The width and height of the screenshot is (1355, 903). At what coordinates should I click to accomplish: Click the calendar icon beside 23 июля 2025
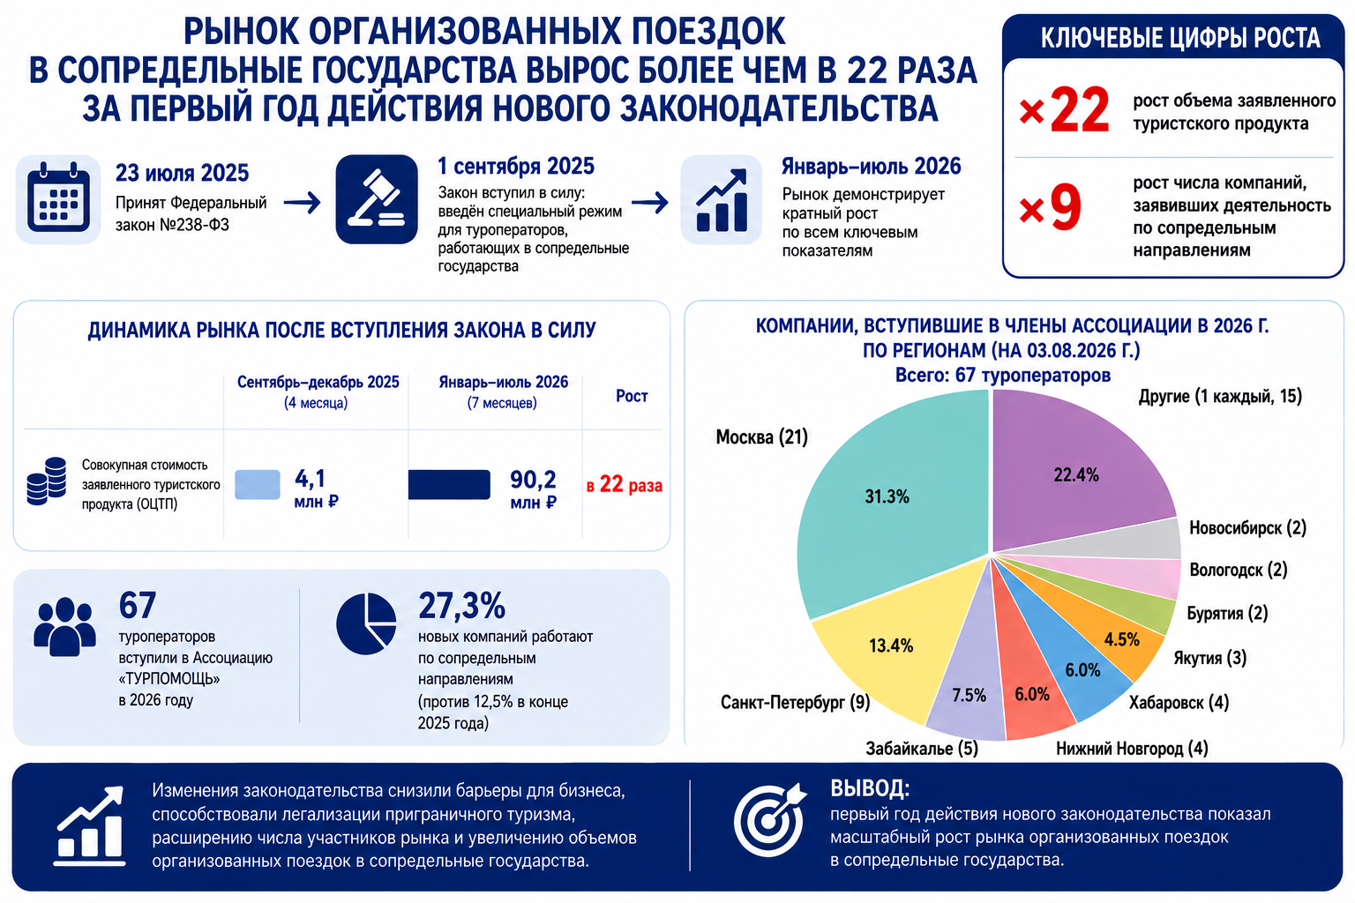click(x=58, y=199)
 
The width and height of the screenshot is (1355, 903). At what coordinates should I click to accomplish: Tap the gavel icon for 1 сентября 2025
click(x=377, y=199)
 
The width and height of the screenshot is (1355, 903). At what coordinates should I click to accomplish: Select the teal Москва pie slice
click(x=889, y=502)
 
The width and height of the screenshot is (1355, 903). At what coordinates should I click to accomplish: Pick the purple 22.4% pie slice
click(x=1077, y=472)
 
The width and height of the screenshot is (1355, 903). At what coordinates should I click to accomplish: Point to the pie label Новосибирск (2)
click(x=1247, y=528)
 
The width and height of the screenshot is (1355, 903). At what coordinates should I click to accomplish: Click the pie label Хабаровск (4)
click(x=1179, y=702)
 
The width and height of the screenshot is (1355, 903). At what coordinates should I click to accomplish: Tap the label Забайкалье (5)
click(x=921, y=749)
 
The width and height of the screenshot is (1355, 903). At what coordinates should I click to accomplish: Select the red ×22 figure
click(x=1064, y=111)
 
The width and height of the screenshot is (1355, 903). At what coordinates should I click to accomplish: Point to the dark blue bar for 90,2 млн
click(x=449, y=484)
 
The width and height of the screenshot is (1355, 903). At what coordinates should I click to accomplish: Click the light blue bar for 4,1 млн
click(x=257, y=484)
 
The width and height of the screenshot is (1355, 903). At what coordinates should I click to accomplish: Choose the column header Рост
click(x=632, y=396)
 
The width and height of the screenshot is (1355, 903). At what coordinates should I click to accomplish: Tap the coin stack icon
click(x=47, y=481)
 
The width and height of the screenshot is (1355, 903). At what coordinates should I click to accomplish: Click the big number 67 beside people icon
click(x=138, y=605)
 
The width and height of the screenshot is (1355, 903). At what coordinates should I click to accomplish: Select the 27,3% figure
click(x=461, y=606)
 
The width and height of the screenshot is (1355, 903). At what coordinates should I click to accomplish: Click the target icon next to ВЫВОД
click(x=769, y=819)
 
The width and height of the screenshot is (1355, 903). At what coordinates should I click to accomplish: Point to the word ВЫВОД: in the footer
click(x=869, y=788)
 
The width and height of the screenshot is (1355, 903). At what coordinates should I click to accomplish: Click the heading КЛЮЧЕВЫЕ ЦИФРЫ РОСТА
click(x=1179, y=38)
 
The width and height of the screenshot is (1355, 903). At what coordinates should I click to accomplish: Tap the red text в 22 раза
click(x=625, y=484)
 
